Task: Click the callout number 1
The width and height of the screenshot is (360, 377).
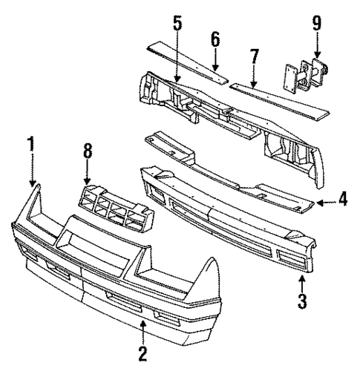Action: (31, 145)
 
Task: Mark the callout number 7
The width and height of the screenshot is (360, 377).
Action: (255, 57)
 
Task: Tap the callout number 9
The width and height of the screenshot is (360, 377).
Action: (317, 23)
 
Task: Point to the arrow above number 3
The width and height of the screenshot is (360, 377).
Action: (301, 282)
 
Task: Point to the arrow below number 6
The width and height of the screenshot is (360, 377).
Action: (215, 63)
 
